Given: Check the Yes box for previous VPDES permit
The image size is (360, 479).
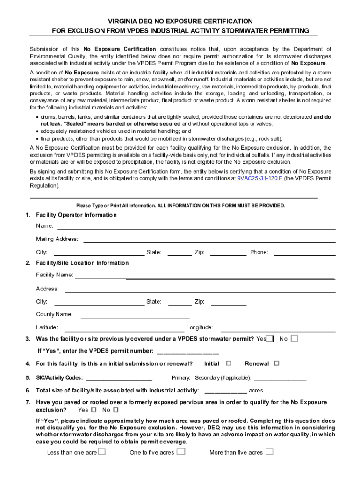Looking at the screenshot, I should tap(270, 339).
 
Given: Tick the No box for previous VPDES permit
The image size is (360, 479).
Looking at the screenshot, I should tap(294, 339).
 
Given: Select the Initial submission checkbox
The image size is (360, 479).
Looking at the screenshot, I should tap(229, 363).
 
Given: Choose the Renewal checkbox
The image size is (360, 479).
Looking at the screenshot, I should tap(276, 363).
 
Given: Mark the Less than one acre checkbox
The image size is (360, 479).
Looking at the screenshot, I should tap(101, 452).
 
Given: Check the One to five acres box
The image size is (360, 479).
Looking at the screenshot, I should tap(181, 452).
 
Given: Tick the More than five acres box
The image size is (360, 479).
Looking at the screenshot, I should tap(269, 452).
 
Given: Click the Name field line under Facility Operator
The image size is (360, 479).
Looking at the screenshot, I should tap(196, 228).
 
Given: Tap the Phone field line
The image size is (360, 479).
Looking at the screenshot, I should tap(304, 254).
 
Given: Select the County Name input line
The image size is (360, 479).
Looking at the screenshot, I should tap(135, 316).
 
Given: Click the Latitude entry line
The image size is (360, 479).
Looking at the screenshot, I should tap(124, 329).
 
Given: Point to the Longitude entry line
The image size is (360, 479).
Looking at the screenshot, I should tap(278, 329).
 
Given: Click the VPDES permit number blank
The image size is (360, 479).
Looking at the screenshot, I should tap(188, 352).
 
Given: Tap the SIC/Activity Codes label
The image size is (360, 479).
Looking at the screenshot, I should tap(59, 378).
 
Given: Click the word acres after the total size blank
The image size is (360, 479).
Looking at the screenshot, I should tap(256, 390).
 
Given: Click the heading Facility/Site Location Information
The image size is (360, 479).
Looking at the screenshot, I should tap(82, 263).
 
